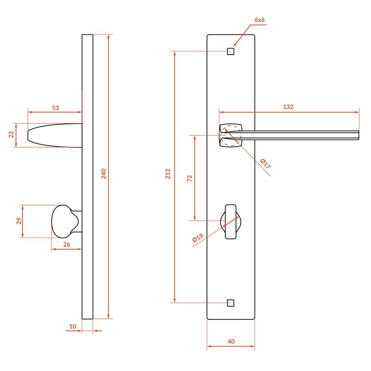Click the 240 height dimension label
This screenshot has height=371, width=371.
point(104,174)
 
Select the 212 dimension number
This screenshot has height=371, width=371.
point(168,174)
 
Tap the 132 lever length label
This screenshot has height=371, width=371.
point(288,107)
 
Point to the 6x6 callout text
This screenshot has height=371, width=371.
point(259,20)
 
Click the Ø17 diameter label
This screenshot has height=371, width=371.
point(266,163)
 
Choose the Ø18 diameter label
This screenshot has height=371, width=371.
point(198,238)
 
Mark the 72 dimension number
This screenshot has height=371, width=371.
point(189,178)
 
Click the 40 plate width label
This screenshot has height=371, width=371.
point(231,341)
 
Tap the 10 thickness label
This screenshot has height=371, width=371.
point(72,326)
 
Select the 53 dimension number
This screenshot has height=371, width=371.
point(55,108)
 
